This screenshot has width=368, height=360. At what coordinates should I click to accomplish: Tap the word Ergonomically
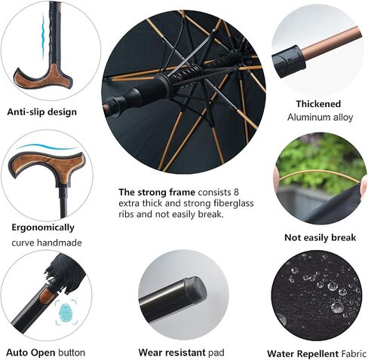click(x=43, y=228)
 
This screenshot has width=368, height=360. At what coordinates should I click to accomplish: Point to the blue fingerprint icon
click(x=66, y=313)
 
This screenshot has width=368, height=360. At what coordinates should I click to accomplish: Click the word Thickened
click(x=318, y=104)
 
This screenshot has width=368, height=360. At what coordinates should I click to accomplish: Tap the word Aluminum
click(x=309, y=117)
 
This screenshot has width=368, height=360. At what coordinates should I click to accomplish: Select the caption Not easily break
click(x=320, y=237)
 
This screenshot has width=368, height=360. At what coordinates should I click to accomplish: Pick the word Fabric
click(x=354, y=353)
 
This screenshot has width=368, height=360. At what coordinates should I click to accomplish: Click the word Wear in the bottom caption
click(x=149, y=352)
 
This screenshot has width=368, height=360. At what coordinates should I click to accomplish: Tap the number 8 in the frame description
click(x=236, y=192)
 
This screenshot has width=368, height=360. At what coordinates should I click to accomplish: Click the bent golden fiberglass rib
click(x=319, y=173)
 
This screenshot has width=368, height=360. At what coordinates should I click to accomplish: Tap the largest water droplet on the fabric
click(x=336, y=307)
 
